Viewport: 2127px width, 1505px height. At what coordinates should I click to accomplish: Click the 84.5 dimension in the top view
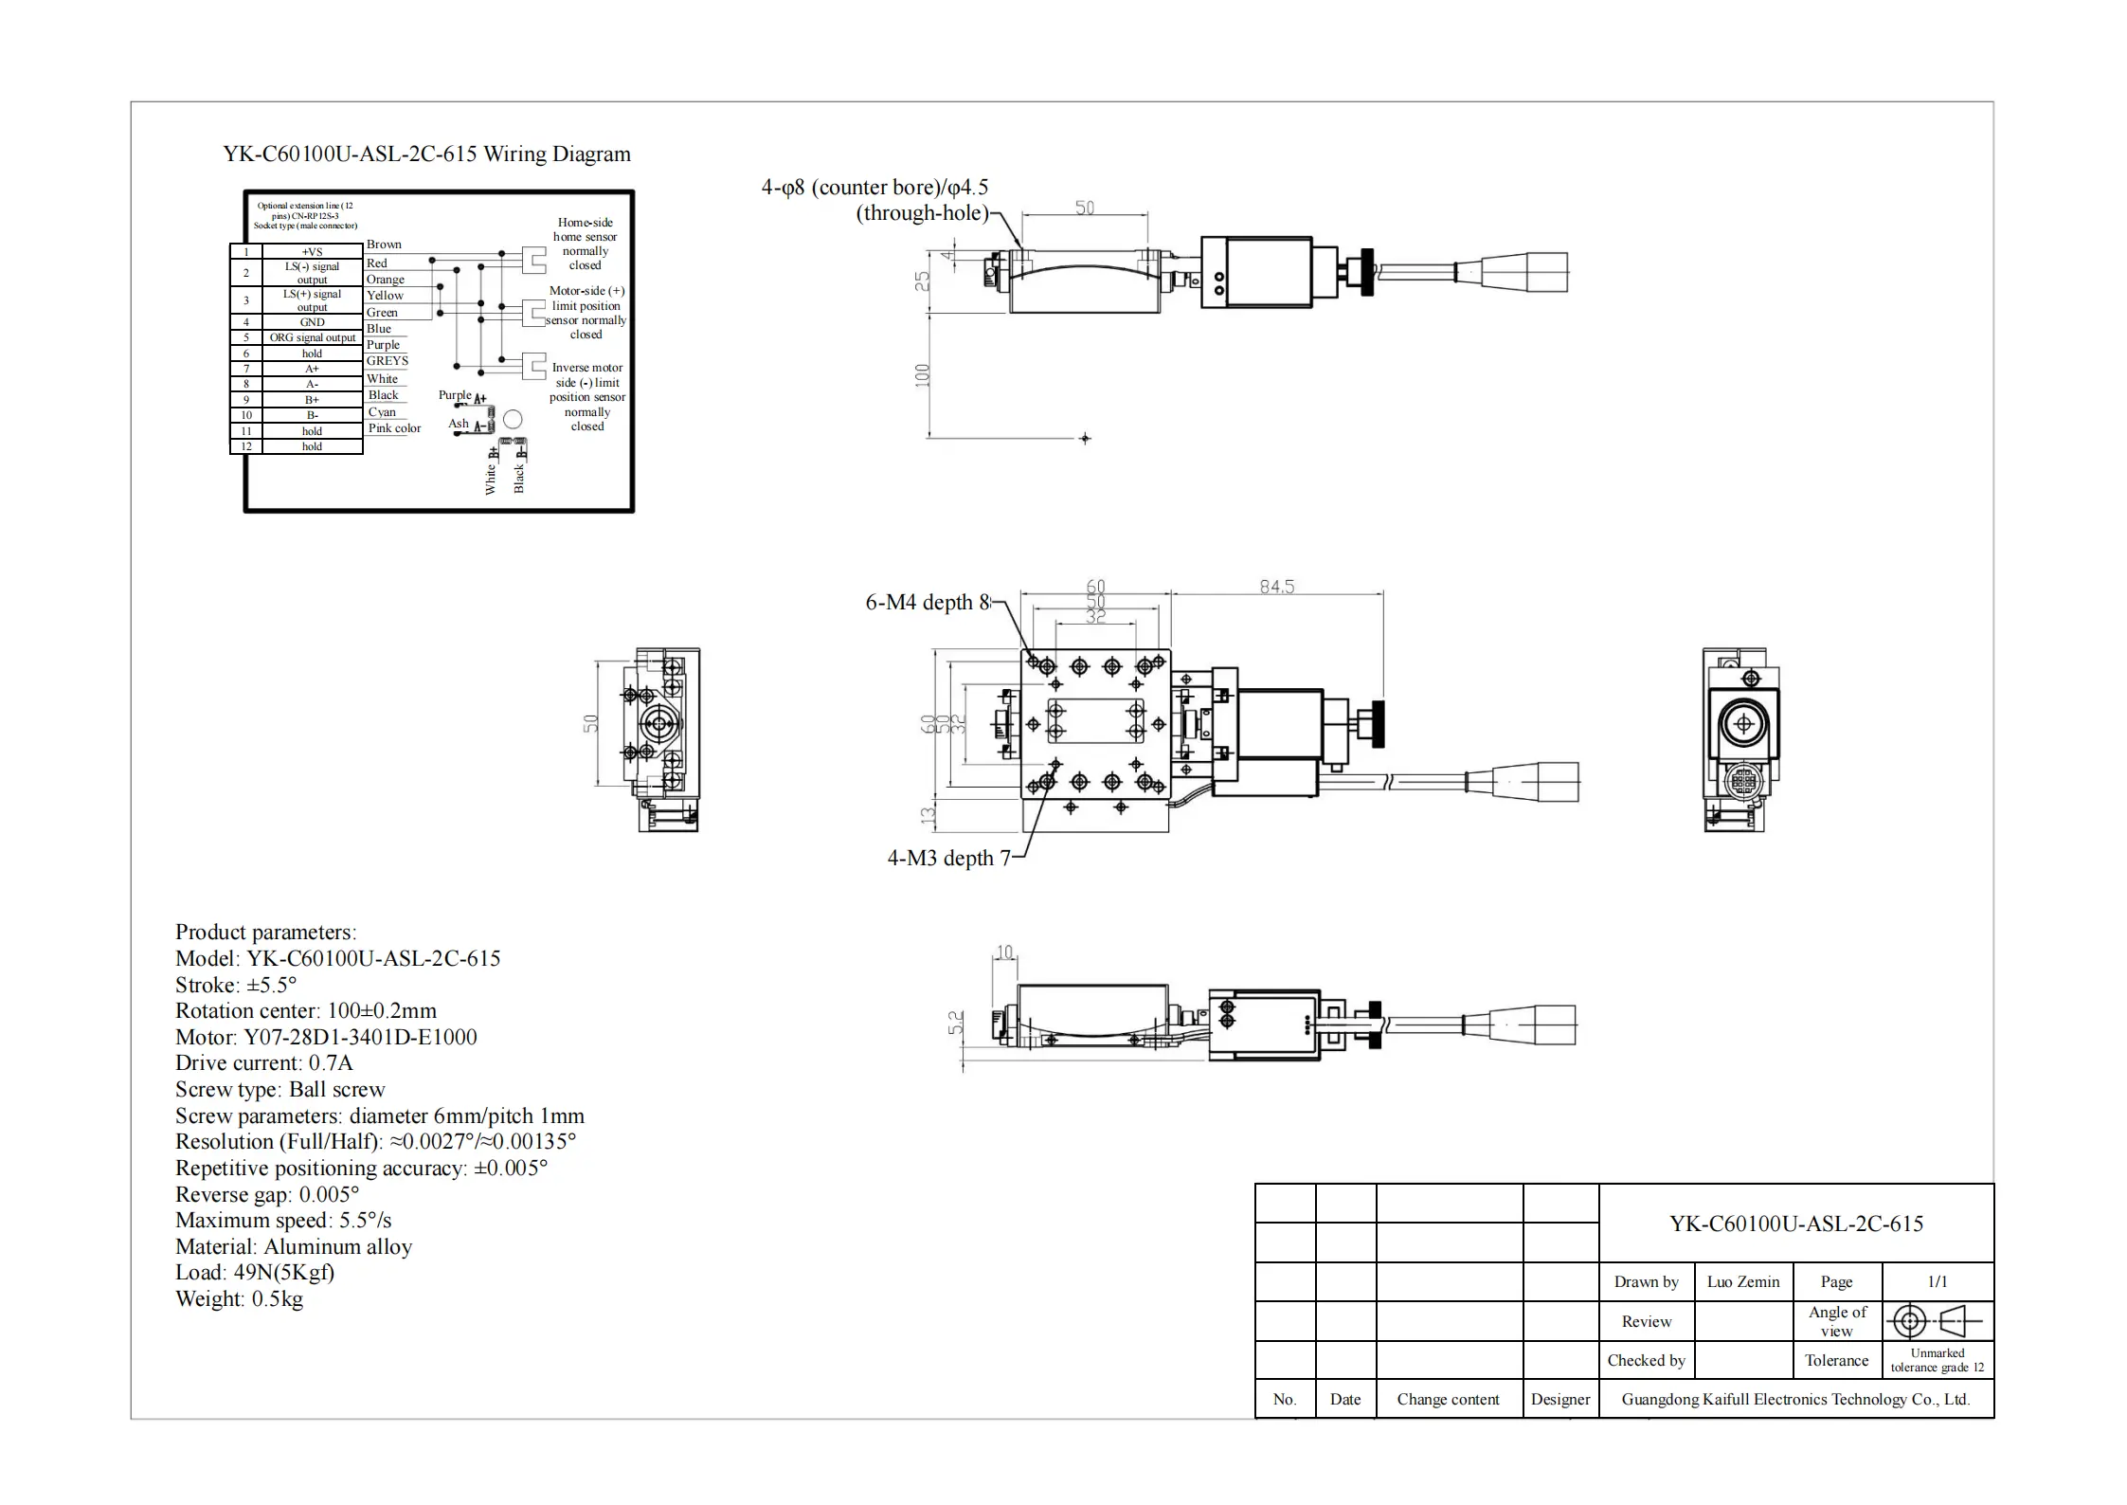click(x=1276, y=587)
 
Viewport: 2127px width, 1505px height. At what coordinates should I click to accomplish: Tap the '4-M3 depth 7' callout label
click(x=948, y=859)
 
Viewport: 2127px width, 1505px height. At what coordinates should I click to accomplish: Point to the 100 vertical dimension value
click(x=923, y=375)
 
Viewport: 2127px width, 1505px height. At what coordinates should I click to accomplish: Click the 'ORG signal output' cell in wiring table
click(x=313, y=337)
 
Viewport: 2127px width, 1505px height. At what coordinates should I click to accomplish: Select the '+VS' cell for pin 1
click(x=313, y=252)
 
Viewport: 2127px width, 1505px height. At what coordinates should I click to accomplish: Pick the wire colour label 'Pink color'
click(x=394, y=428)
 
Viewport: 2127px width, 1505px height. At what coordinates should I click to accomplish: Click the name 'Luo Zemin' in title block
click(x=1742, y=1282)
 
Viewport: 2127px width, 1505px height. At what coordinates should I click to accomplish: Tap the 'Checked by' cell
click(x=1646, y=1361)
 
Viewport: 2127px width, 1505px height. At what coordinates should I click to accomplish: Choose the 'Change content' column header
click(x=1448, y=1400)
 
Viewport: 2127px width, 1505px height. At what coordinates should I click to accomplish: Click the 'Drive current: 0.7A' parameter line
click(x=263, y=1063)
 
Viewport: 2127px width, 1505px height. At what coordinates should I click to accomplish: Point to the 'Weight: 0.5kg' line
click(x=239, y=1299)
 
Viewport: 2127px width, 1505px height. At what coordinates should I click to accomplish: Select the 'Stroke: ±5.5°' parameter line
click(x=235, y=985)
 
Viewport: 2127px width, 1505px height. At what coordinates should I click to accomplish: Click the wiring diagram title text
click(x=426, y=154)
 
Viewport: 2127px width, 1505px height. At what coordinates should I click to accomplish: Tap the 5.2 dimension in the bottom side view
click(x=956, y=1022)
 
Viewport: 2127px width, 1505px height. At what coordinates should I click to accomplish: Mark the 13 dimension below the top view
click(x=928, y=813)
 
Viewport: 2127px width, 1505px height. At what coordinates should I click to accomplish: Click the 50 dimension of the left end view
click(x=590, y=724)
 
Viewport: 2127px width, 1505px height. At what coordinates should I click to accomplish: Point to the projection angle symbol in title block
click(x=1937, y=1321)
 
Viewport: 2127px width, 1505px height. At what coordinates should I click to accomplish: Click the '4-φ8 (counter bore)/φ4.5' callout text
click(x=874, y=188)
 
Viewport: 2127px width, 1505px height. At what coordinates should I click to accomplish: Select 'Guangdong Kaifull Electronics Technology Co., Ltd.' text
click(x=1795, y=1400)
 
